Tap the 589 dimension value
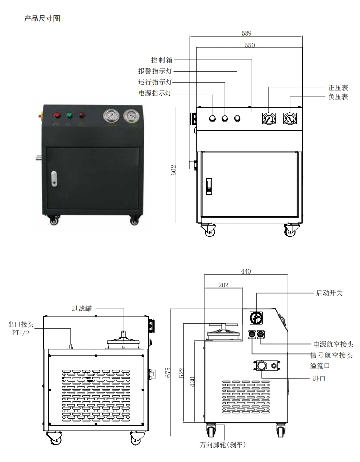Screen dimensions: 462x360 [x=246, y=33]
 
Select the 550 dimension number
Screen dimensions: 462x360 [x=249, y=45]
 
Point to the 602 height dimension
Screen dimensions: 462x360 [x=174, y=171]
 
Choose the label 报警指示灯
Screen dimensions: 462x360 [x=155, y=71]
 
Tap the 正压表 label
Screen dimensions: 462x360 [x=338, y=88]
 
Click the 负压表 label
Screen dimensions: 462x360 [x=338, y=97]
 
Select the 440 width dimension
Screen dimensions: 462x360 [x=246, y=271]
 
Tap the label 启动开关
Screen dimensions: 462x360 [x=329, y=292]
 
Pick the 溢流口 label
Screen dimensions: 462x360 [x=320, y=366]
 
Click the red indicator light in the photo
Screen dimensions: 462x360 [x=58, y=115]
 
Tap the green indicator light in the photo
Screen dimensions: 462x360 [x=69, y=115]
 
